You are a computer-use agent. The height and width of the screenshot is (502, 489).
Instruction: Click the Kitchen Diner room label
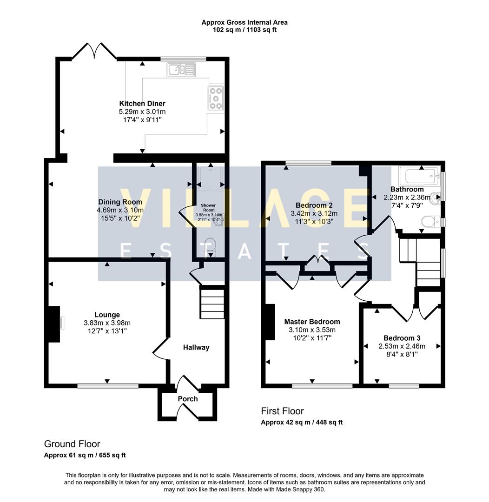pyautogui.click(x=142, y=104)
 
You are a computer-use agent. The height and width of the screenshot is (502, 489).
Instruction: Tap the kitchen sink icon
pyautogui.click(x=182, y=70)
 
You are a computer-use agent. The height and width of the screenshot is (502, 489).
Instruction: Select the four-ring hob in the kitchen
pyautogui.click(x=216, y=98)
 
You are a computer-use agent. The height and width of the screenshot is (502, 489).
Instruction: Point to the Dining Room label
pyautogui.click(x=120, y=202)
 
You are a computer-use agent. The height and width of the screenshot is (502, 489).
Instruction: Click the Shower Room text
pyautogui.click(x=208, y=207)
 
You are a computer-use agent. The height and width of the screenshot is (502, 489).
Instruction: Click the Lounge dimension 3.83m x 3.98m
pyautogui.click(x=107, y=323)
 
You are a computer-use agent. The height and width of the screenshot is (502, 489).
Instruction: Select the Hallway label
pyautogui.click(x=196, y=347)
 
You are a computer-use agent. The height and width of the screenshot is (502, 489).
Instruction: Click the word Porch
pyautogui.click(x=188, y=399)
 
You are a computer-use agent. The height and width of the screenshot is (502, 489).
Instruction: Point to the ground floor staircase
pyautogui.click(x=212, y=304)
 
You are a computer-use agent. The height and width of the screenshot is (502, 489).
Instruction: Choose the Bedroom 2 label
pyautogui.click(x=314, y=205)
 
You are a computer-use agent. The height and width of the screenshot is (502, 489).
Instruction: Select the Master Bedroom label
pyautogui.click(x=312, y=322)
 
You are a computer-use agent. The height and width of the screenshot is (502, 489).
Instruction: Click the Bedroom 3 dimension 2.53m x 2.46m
pyautogui.click(x=402, y=346)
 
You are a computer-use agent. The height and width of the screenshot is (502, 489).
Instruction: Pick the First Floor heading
pyautogui.click(x=282, y=411)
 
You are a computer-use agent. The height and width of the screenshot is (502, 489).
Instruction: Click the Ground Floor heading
pyautogui.click(x=72, y=444)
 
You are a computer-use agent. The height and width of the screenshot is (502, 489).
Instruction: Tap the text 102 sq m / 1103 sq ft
pyautogui.click(x=244, y=30)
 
